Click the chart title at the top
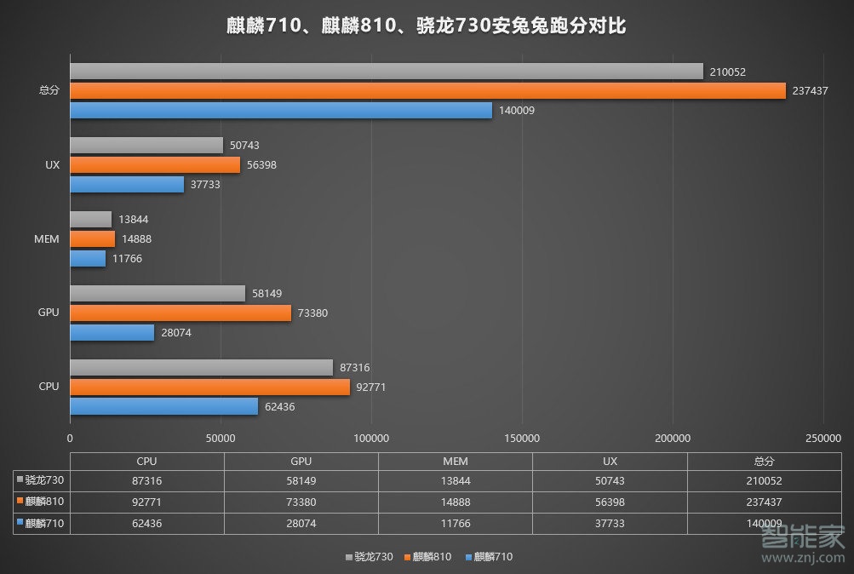(x=427, y=26)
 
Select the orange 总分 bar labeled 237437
(x=427, y=91)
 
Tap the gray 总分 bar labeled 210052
(x=387, y=72)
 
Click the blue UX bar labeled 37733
(x=127, y=184)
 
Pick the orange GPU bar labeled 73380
(x=181, y=313)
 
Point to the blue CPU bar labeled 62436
(x=163, y=406)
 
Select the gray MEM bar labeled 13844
(x=90, y=220)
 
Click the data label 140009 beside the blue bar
(x=517, y=111)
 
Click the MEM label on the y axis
(x=48, y=239)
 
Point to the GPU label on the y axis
(x=49, y=313)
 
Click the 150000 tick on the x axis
(x=522, y=438)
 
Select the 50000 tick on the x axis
(x=221, y=438)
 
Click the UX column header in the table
(x=610, y=461)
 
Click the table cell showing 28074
(x=301, y=524)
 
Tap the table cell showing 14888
(x=455, y=502)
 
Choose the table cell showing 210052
(x=764, y=481)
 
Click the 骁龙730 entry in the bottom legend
(x=370, y=557)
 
